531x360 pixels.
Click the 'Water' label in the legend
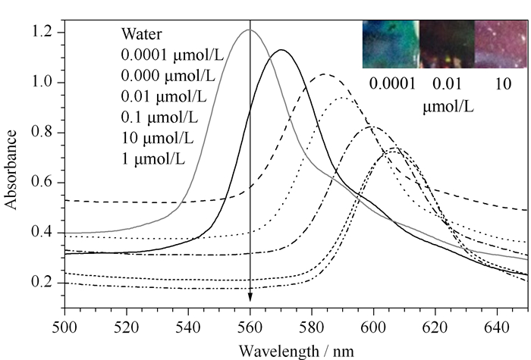pos(142,34)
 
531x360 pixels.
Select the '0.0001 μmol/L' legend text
pos(172,55)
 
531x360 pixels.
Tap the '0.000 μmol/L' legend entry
pos(168,76)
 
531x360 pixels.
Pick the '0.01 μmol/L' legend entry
pos(164,96)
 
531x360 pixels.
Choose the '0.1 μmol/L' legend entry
pos(159,117)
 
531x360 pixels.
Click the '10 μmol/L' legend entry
pos(158,138)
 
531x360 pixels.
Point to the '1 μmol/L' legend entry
pos(153,159)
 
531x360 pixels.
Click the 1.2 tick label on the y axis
pos(42,32)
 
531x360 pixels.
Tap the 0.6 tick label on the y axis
pos(42,182)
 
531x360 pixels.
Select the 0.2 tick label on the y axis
pos(42,282)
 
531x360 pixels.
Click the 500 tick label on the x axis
pos(64,327)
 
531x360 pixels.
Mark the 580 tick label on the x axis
pos(312,327)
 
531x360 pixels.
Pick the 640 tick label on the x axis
pos(497,327)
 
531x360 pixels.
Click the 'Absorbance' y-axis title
pos(11,170)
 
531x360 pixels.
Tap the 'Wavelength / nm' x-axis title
pos(297,351)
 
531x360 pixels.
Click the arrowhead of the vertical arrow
pos(250,296)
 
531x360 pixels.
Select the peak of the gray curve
pos(249,30)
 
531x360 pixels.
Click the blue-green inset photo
pos(391,44)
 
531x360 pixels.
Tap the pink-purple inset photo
pos(501,44)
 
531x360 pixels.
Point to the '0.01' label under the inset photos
pos(447,83)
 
